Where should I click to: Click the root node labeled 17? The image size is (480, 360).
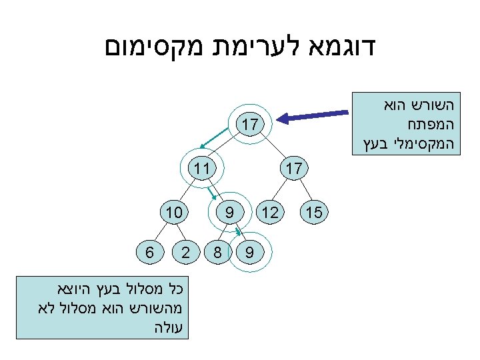[251, 125]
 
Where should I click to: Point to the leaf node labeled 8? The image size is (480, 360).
[217, 253]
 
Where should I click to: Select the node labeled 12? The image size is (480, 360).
[271, 213]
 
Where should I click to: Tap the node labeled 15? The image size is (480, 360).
[315, 213]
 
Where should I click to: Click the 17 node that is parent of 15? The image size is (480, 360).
[293, 167]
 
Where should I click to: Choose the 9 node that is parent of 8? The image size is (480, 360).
[229, 213]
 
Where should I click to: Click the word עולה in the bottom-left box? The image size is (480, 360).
[171, 327]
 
